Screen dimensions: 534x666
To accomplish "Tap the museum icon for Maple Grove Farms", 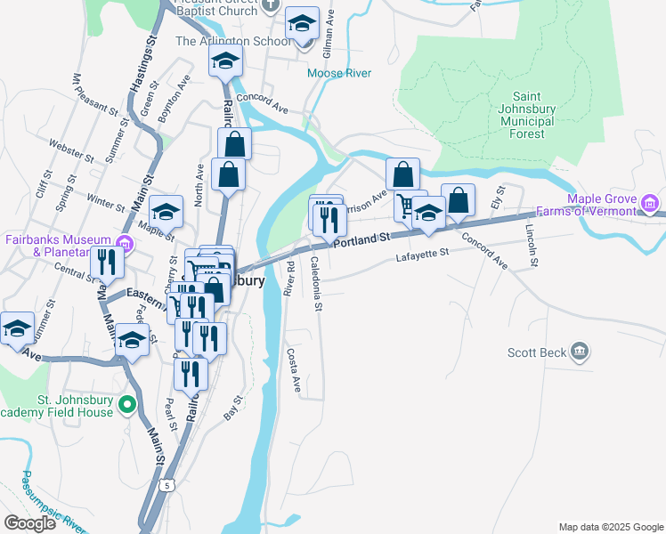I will [x=651, y=206].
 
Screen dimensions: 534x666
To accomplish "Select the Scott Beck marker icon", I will [x=581, y=352].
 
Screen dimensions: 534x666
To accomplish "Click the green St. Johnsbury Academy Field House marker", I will [x=126, y=406].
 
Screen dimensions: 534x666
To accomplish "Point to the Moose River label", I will [x=338, y=73].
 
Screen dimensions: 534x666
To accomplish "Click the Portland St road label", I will [x=362, y=239].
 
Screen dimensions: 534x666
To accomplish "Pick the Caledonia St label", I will [x=316, y=283].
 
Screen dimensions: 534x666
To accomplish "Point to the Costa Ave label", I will [x=295, y=369].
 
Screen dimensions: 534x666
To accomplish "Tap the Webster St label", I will [x=72, y=150].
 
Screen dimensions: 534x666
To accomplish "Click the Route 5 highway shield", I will [x=166, y=485].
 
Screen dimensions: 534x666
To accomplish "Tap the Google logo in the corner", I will [x=29, y=523].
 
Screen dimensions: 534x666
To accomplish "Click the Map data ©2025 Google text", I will [x=610, y=527].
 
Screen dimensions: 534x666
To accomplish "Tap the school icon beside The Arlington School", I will [x=302, y=22].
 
